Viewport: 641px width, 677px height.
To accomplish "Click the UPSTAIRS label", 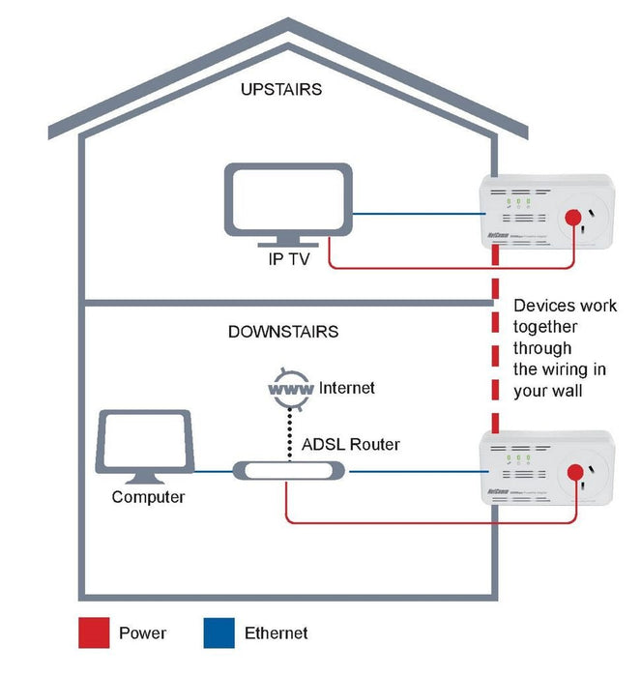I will point(280,90).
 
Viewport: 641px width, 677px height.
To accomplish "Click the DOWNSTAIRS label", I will point(282,332).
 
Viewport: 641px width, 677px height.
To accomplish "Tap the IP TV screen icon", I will point(288,199).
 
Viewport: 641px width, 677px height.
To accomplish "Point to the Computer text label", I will point(148,497).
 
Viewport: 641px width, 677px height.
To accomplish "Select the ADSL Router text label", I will point(349,445).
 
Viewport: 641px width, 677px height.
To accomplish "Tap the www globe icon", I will point(289,389).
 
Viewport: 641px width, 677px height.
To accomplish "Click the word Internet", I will point(347,388).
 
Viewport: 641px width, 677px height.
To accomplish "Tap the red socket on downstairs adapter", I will point(579,473).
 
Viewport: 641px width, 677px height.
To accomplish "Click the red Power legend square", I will point(93,633).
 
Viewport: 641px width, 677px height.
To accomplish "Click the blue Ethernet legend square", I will point(219,633).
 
